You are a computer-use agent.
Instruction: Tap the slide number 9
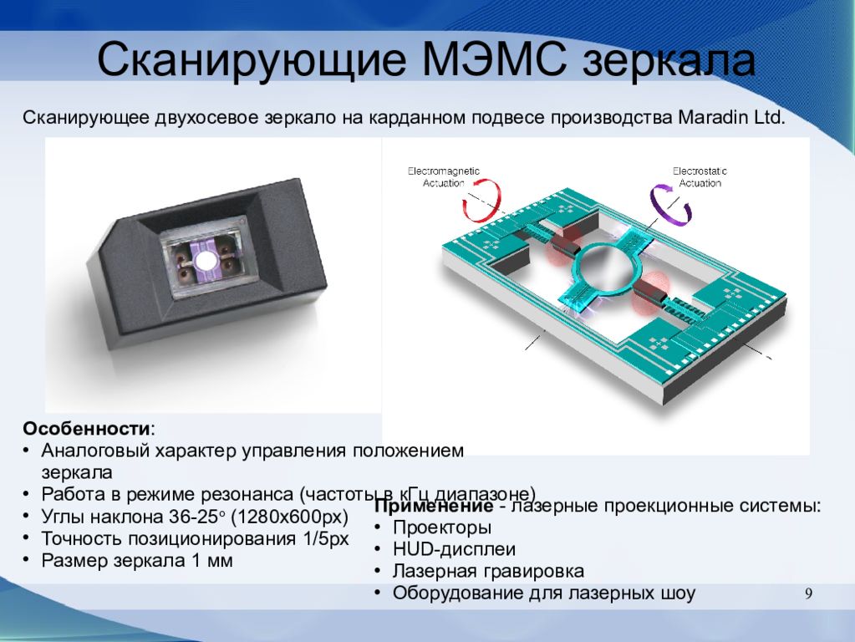pos(808,594)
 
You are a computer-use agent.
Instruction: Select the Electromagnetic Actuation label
pos(444,176)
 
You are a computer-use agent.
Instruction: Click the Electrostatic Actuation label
pos(700,176)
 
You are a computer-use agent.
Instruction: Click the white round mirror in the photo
pos(205,262)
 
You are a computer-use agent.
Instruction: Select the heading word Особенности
pos(87,429)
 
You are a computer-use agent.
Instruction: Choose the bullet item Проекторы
pos(442,528)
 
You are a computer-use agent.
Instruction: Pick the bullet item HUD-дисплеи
pos(454,550)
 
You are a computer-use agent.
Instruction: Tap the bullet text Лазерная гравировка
pos(488,572)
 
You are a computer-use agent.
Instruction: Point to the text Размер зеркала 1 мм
pos(137,561)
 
